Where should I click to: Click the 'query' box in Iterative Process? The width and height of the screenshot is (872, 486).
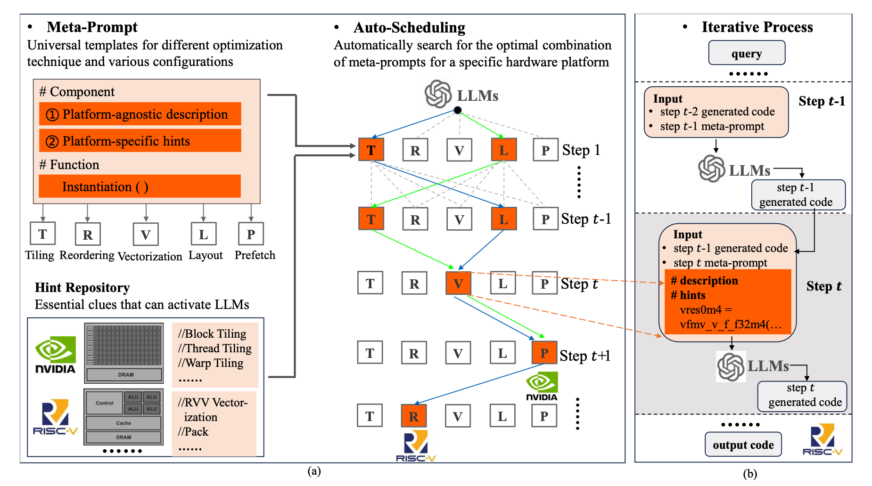747,53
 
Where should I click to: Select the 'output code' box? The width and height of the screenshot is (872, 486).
743,445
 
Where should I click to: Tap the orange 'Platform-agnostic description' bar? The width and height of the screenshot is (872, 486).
140,114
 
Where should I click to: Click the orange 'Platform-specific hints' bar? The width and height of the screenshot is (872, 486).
140,141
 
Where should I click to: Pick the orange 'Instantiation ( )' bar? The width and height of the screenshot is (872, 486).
140,186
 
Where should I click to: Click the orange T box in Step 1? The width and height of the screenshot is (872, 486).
371,150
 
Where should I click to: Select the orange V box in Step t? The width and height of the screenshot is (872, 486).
458,283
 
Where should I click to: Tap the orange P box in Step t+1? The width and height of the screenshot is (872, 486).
544,353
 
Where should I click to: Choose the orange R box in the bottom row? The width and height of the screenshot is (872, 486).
414,416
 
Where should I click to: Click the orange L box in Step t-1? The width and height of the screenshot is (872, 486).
504,219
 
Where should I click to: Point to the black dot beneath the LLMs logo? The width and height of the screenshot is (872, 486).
457,110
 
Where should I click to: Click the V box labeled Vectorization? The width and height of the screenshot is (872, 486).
146,235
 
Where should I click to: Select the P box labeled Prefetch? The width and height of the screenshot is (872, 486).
251,234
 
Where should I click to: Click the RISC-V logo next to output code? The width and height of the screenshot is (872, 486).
822,440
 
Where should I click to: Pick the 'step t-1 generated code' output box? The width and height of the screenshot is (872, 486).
798,194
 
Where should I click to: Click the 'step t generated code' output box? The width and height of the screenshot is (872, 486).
802,396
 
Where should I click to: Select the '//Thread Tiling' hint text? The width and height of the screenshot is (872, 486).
215,348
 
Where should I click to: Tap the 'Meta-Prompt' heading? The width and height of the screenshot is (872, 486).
92,27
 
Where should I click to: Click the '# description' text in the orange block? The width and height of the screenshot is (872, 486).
704,281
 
